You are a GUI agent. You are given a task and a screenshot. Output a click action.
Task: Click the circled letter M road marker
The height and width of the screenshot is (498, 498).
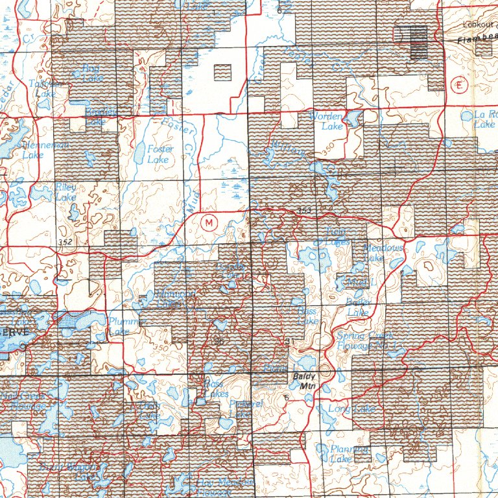209,223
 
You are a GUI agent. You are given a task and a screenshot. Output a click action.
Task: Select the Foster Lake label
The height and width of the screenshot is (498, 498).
160,154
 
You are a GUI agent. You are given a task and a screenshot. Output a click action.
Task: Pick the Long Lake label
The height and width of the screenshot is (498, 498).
351,409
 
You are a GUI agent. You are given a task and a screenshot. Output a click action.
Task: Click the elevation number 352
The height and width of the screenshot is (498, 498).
64,242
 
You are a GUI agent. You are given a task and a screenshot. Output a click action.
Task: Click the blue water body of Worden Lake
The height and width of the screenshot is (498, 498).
354,118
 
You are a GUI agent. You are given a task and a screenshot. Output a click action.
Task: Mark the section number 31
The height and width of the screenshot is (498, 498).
289,341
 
